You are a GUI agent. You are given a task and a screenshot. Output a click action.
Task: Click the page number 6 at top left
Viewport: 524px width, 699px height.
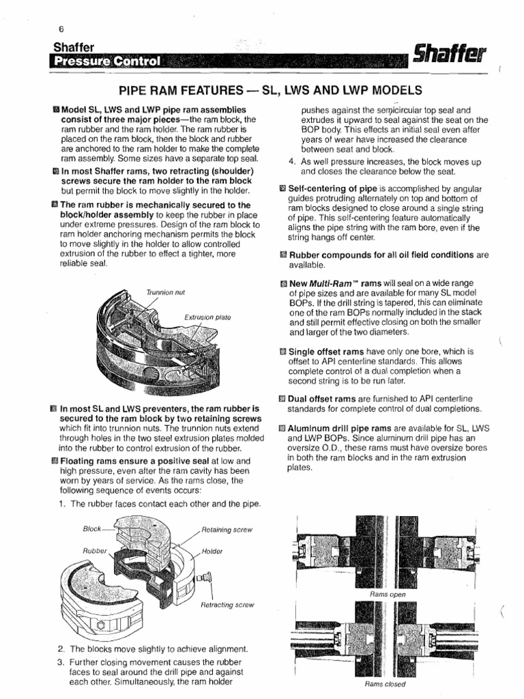click(61, 29)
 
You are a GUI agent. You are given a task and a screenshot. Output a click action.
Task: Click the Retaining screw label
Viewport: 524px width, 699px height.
click(226, 529)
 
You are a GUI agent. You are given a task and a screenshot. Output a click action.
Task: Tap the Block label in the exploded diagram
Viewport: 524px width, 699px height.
click(91, 528)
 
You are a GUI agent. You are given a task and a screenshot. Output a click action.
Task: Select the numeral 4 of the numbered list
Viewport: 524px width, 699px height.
click(292, 161)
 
